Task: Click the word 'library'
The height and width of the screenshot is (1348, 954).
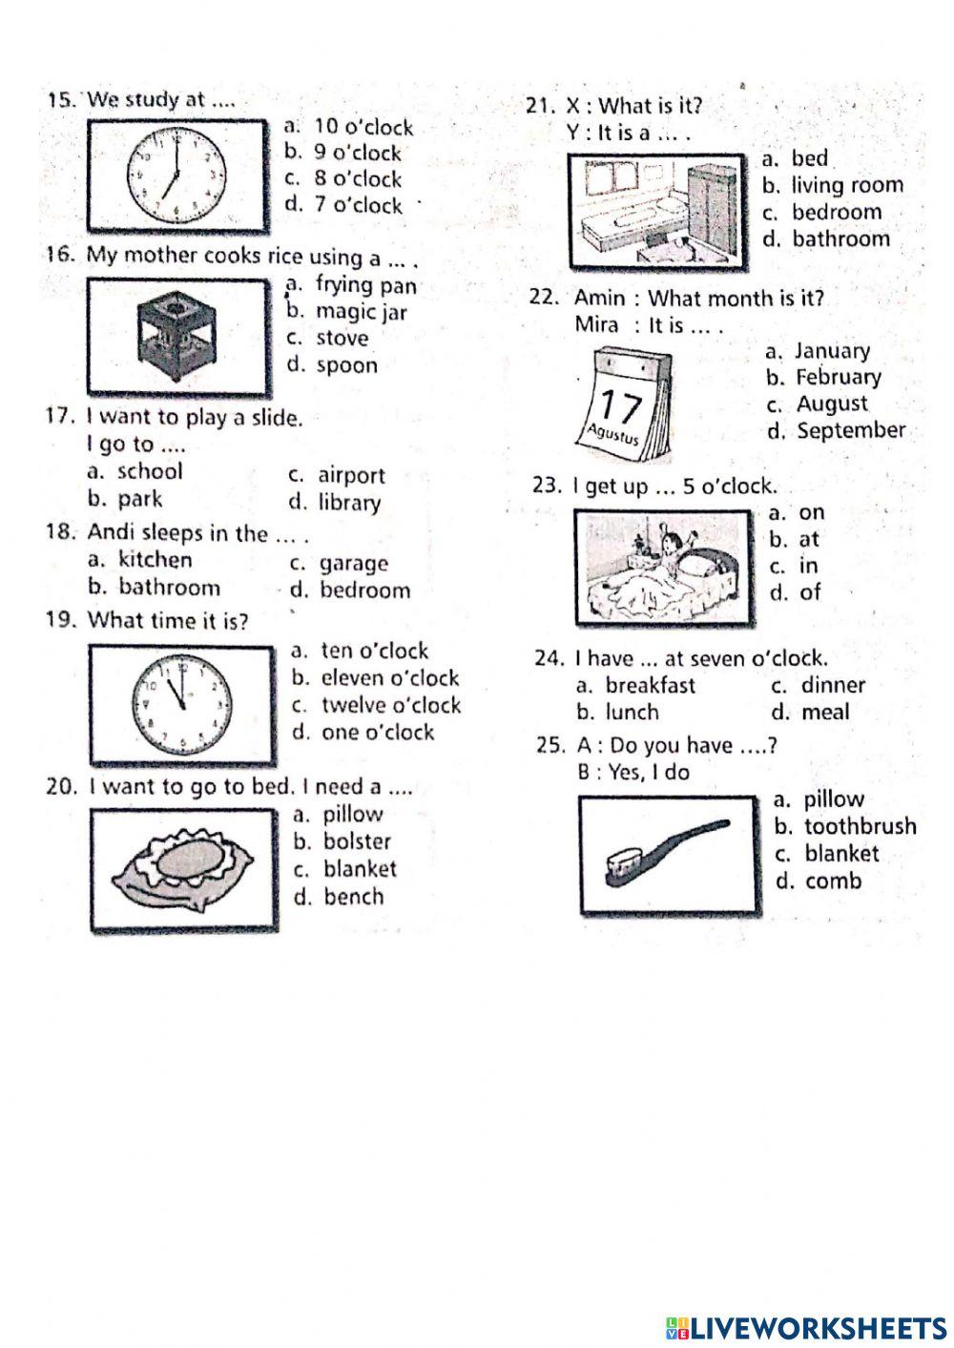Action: (349, 503)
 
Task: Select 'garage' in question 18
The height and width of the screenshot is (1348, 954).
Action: (354, 564)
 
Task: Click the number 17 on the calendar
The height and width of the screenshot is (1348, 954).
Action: (620, 405)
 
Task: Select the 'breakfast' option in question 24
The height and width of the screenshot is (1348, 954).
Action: (650, 685)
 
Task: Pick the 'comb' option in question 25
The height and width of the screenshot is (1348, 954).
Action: (832, 881)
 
